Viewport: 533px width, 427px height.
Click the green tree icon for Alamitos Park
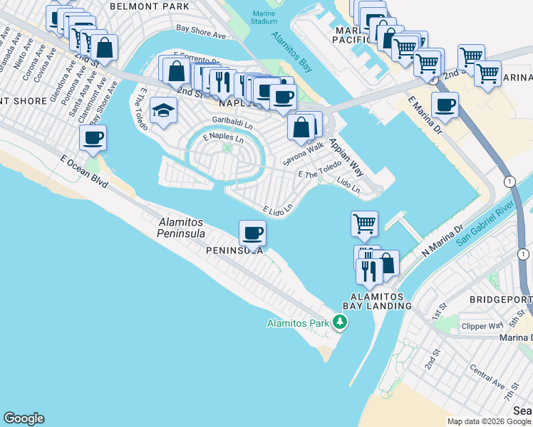pos(341,323)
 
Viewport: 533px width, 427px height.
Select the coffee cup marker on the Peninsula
pos(252,232)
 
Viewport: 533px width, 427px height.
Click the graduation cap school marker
pos(163,110)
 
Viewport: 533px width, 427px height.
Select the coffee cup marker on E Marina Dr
pos(445,105)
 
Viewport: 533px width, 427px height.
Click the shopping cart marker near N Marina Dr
pos(364,223)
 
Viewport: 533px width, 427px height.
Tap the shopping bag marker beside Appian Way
pos(301,127)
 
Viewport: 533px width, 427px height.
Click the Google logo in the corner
pos(24,418)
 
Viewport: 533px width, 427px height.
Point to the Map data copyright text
pos(489,421)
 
